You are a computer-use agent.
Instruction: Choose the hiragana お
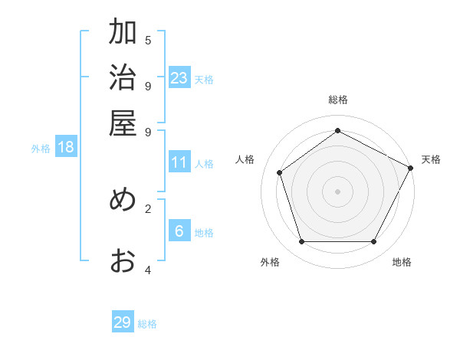click(123, 260)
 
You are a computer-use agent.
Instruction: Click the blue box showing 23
click(179, 78)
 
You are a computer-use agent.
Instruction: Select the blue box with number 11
click(179, 162)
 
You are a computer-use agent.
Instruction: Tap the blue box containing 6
click(179, 231)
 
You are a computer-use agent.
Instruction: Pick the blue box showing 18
click(66, 148)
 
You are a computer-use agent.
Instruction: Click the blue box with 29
click(123, 322)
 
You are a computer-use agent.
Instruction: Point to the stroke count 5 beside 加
click(148, 40)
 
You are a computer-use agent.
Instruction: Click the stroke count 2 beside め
click(148, 208)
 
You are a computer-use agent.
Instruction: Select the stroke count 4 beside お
click(148, 270)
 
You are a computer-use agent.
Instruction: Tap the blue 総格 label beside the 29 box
click(147, 324)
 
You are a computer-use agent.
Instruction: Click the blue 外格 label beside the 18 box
click(41, 149)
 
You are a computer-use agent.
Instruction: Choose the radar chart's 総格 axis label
click(337, 100)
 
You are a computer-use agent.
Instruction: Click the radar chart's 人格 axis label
click(245, 159)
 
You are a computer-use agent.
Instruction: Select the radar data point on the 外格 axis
click(301, 242)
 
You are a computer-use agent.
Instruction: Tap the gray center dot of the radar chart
click(337, 191)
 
